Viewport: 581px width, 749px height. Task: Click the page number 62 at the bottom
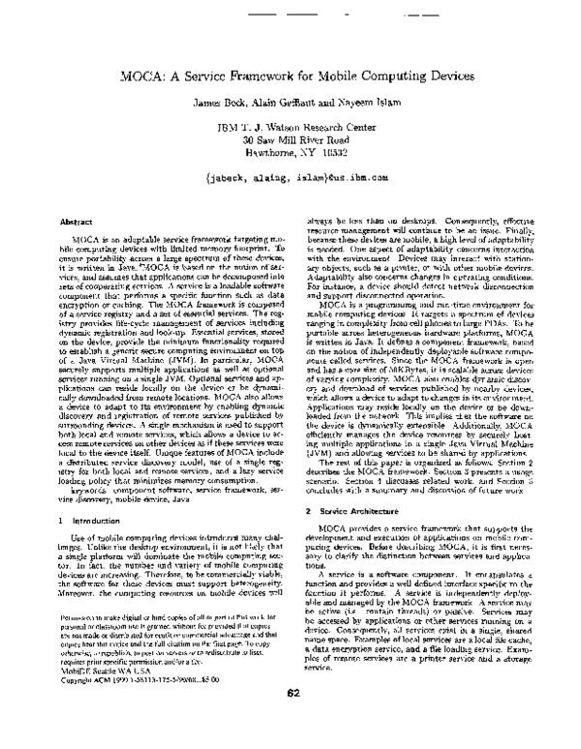(x=290, y=717)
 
